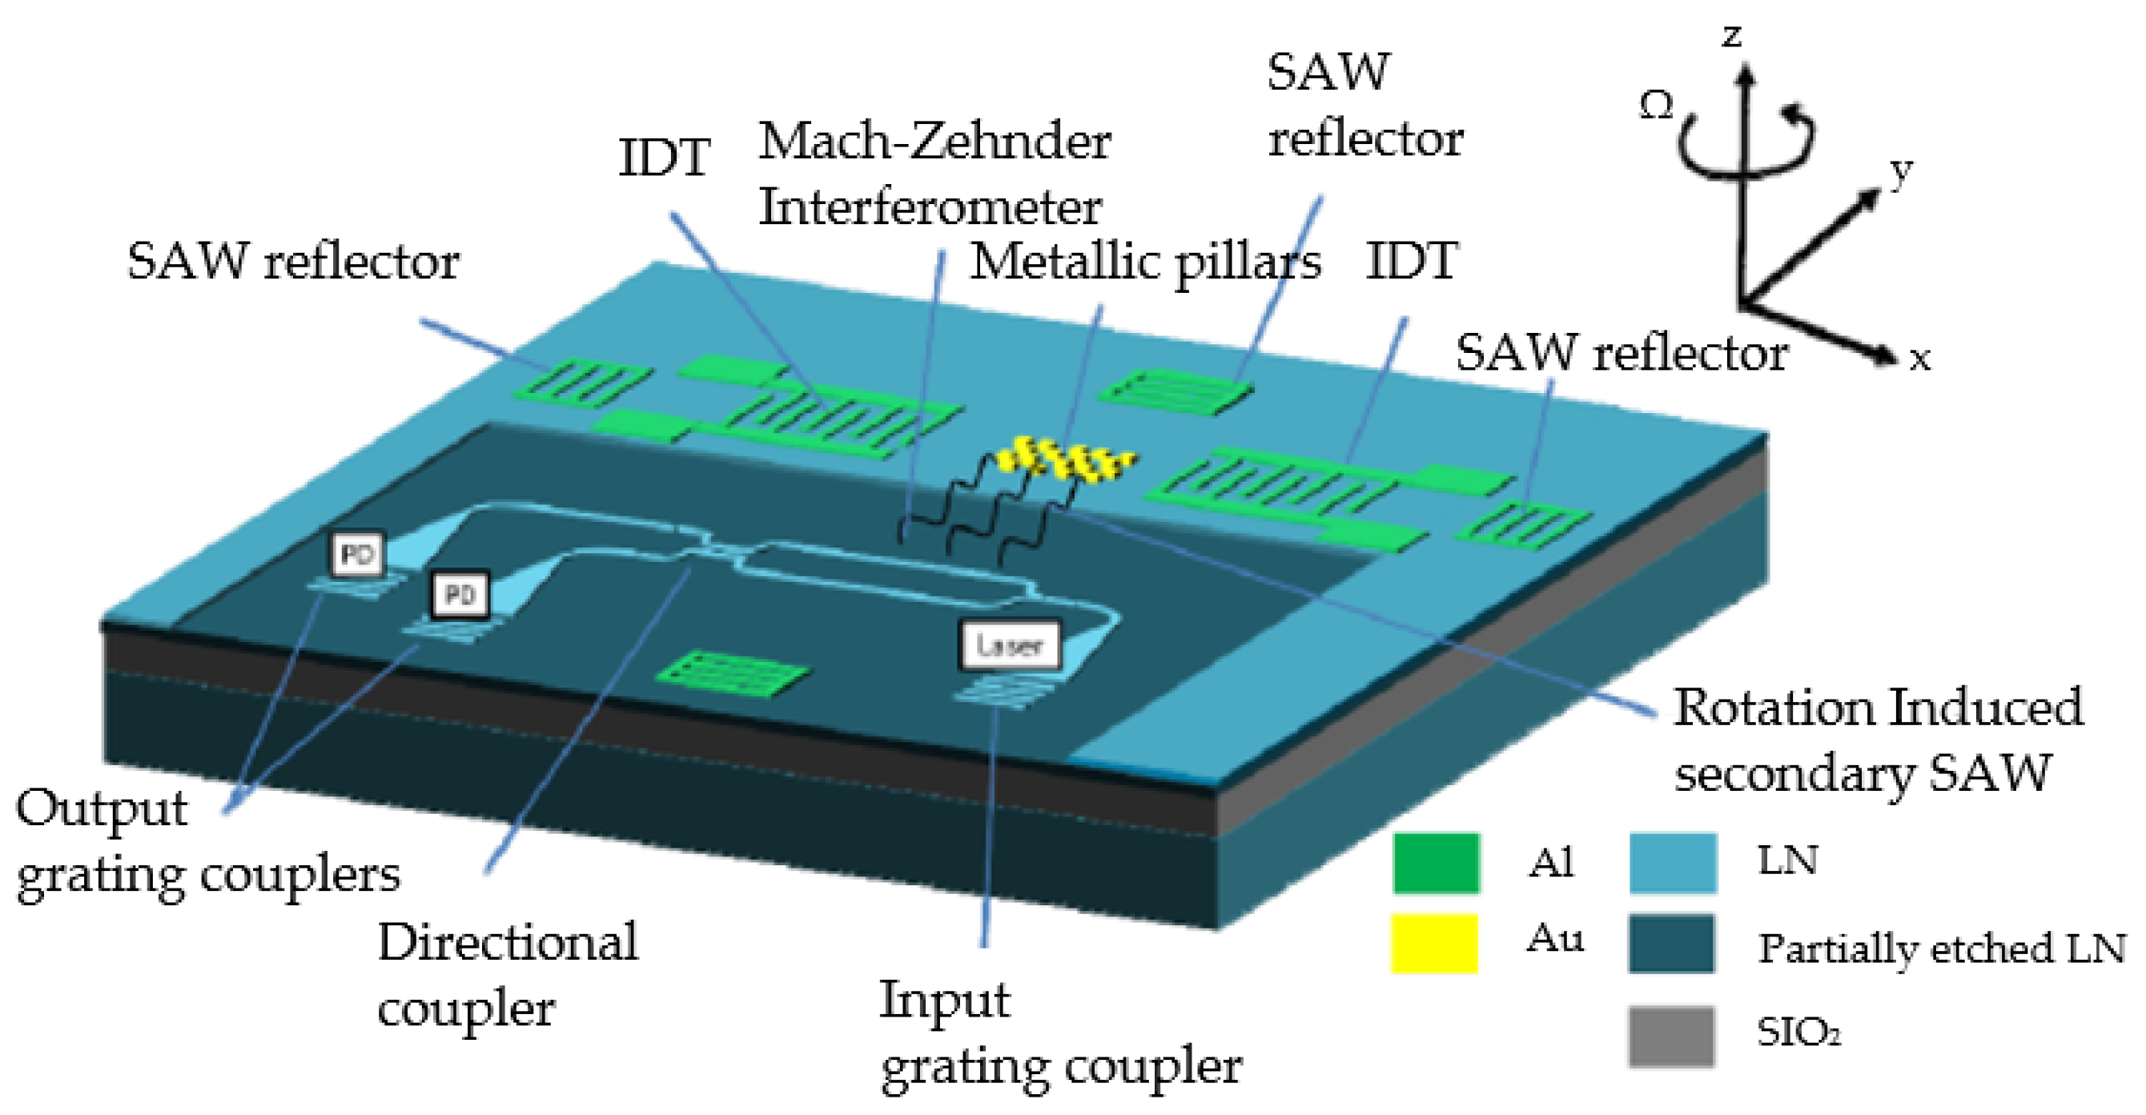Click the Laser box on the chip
(1010, 644)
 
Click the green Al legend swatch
(1436, 863)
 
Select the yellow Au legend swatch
(1433, 944)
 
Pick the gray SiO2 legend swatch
(1671, 1036)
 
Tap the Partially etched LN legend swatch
(1671, 944)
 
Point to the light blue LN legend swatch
(1673, 863)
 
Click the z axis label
(1733, 35)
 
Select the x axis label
(1919, 358)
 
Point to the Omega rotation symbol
(1656, 106)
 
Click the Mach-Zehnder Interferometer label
(933, 173)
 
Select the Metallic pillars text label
(1146, 263)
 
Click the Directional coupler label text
(507, 974)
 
